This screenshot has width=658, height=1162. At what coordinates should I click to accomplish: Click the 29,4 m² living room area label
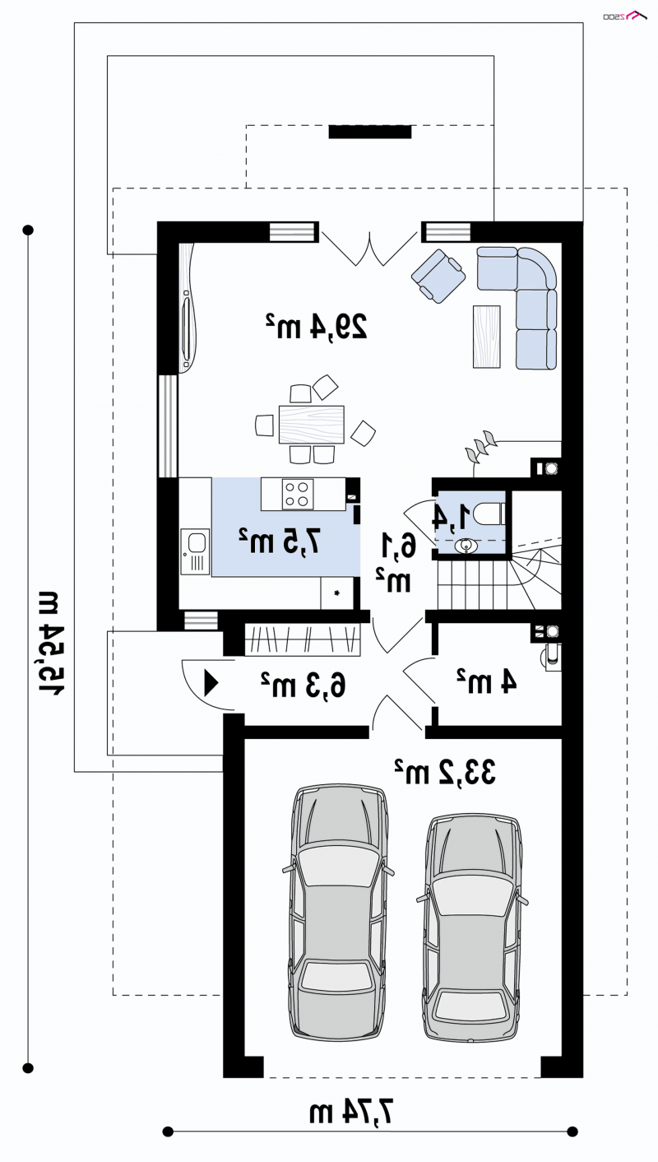[317, 326]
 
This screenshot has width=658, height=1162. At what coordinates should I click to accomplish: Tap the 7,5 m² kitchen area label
[280, 541]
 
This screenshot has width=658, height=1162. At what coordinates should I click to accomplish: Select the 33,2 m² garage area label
[445, 772]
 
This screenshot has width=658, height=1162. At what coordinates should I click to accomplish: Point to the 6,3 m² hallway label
[303, 685]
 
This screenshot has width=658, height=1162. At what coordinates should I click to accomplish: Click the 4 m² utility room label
[486, 681]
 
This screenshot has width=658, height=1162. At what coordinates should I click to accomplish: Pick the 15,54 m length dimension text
[51, 644]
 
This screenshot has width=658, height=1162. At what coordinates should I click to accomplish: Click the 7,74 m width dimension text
[350, 1112]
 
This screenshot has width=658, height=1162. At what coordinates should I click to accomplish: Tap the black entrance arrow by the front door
[211, 683]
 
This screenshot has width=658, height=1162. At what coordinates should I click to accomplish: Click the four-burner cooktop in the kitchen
[298, 494]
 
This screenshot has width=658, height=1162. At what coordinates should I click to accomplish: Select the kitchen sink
[195, 551]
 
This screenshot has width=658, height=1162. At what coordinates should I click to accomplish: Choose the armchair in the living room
[438, 276]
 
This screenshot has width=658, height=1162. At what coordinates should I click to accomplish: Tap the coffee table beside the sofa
[486, 336]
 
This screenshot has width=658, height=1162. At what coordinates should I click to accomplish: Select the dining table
[311, 425]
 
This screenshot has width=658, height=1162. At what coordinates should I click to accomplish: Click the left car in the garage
[338, 912]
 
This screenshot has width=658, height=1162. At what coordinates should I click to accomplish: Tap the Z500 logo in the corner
[625, 16]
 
